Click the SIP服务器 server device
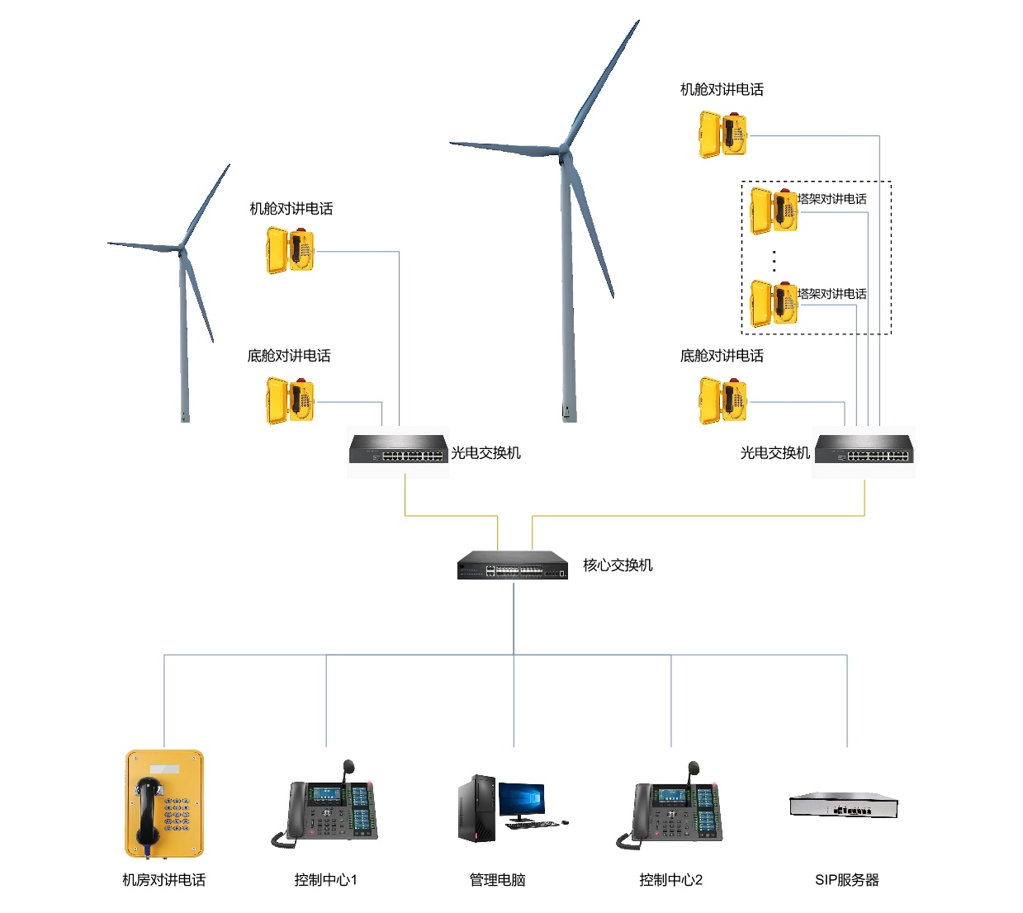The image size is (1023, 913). pos(843,805)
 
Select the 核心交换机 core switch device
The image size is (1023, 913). pos(513,565)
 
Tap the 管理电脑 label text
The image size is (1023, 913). pos(497,880)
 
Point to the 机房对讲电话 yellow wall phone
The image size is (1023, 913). pos(163,803)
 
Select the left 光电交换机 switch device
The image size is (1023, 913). pos(398,450)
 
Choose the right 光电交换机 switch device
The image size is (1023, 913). pos(864,450)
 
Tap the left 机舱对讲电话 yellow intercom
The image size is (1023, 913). pos(290,250)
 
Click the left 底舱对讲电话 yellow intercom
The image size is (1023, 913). pos(290,400)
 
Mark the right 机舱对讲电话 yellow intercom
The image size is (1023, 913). pos(722,135)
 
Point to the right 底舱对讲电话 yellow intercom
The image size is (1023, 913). pos(722,400)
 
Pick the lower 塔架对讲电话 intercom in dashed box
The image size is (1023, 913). pos(774,303)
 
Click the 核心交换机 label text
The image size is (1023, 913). pos(618,565)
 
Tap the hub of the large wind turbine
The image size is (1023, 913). pos(565,151)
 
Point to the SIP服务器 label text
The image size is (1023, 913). pos(846,880)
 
